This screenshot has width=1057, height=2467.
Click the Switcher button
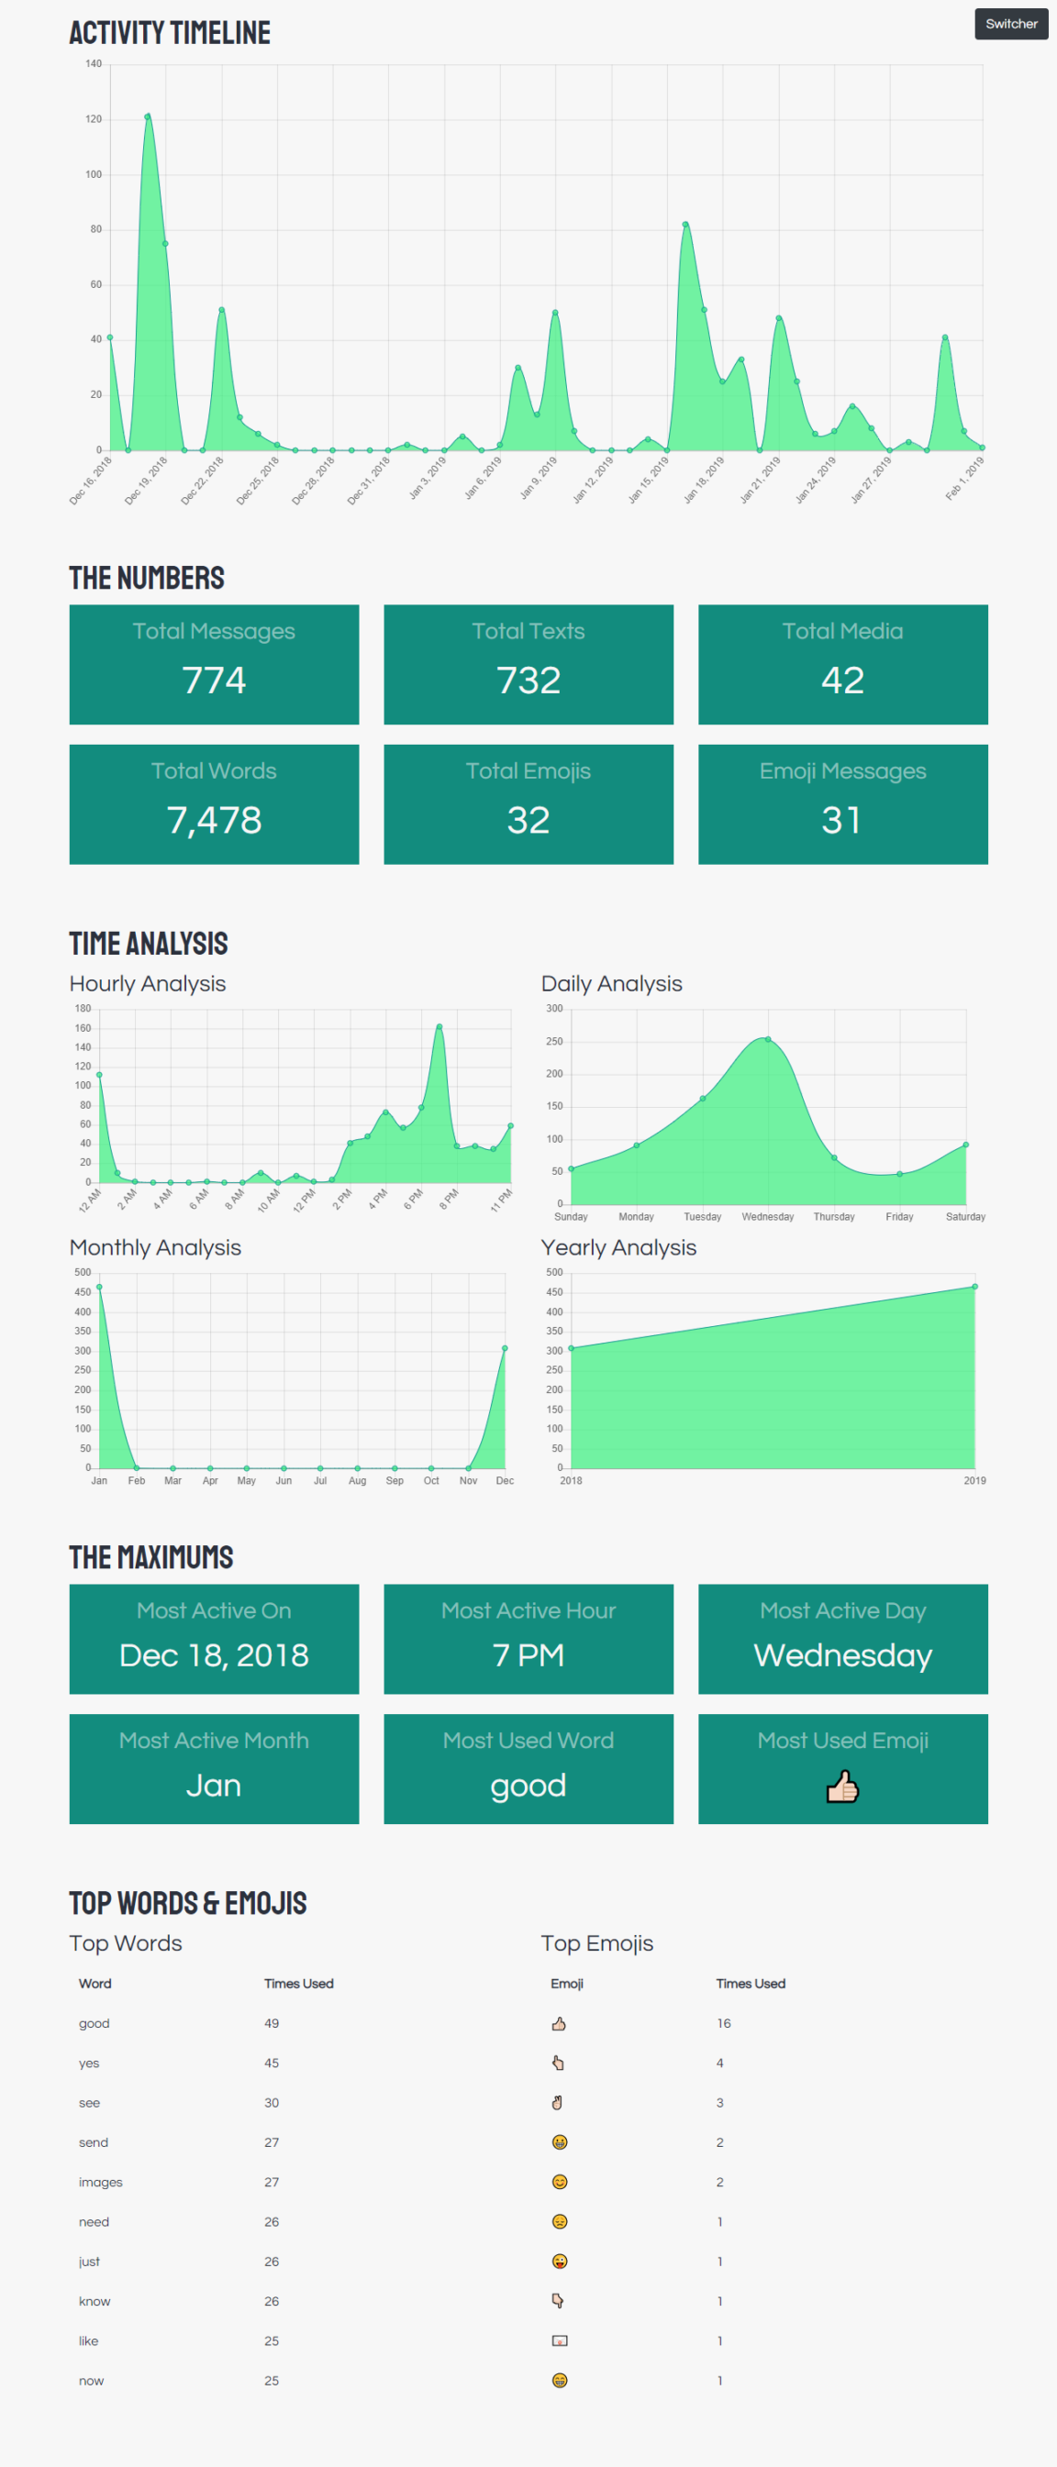pos(1010,24)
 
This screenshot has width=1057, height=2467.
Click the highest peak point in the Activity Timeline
pos(148,116)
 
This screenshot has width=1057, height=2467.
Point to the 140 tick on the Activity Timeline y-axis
pos(93,64)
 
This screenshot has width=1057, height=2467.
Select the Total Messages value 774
pos(214,680)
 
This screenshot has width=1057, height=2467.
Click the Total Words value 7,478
pos(214,820)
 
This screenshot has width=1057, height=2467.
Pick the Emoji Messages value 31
pos(841,820)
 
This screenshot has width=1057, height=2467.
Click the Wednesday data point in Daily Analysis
pos(768,1039)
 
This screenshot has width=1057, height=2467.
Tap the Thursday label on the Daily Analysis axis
pos(833,1216)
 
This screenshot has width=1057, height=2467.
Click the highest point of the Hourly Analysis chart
pos(439,1026)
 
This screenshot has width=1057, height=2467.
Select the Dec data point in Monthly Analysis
pos(505,1347)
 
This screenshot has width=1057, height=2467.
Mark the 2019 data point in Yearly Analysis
pos(974,1286)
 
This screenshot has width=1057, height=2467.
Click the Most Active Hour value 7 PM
pos(528,1654)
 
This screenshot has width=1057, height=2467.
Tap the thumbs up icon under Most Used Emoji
pos(842,1787)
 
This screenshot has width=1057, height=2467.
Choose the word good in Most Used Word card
pos(528,1785)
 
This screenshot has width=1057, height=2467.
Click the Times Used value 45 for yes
pos(272,2063)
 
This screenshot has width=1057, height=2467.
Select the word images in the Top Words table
pos(101,2182)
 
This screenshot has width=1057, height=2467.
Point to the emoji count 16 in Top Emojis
pos(724,2022)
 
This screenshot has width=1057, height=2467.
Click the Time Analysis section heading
pos(149,944)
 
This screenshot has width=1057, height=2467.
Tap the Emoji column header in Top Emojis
pos(566,1984)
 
